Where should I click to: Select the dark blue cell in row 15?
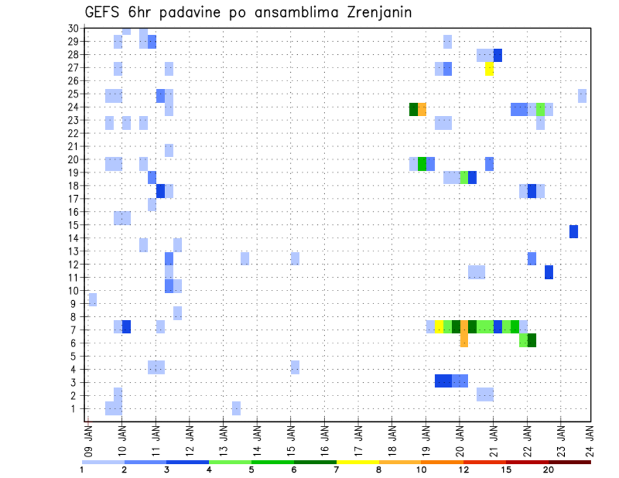(574, 231)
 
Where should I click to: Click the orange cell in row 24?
(422, 109)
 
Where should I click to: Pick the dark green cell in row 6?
(532, 340)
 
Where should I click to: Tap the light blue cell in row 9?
(93, 300)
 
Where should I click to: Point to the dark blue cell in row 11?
(549, 272)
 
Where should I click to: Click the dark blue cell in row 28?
(498, 55)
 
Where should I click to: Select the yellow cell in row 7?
(439, 327)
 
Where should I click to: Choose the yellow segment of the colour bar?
(358, 462)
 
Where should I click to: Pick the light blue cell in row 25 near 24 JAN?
(582, 95)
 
